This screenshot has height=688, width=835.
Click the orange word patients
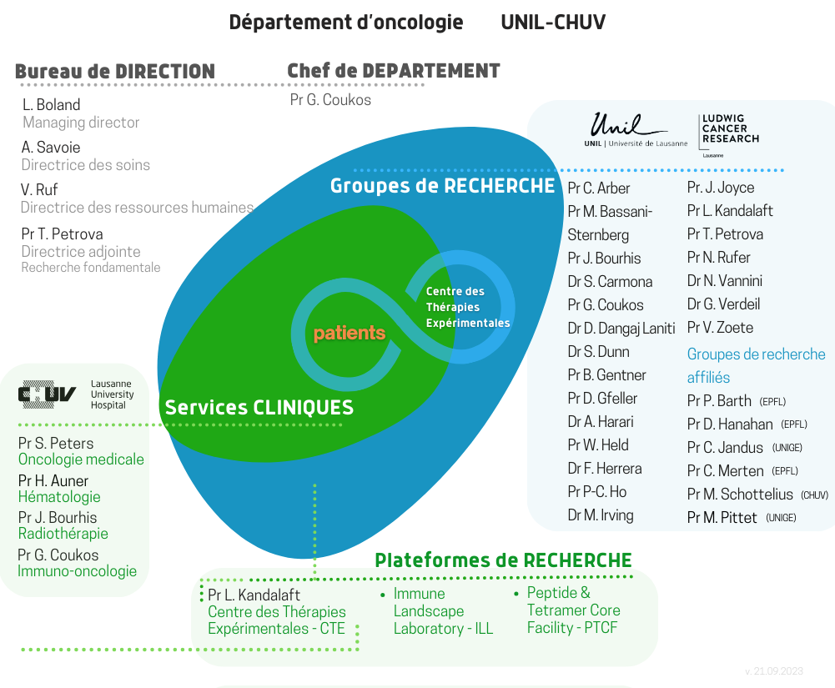(x=350, y=334)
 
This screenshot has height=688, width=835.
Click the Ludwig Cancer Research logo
(x=729, y=135)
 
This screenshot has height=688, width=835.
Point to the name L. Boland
(x=51, y=104)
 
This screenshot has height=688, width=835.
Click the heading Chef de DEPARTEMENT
(x=394, y=71)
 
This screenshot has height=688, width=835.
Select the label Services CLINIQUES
(x=259, y=407)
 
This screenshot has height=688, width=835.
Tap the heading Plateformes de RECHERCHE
(x=503, y=560)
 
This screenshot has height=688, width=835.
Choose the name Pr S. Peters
(x=56, y=443)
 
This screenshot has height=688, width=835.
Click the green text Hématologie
(x=59, y=497)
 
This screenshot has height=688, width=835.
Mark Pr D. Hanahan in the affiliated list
(x=730, y=424)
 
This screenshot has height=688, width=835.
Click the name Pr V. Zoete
(x=720, y=328)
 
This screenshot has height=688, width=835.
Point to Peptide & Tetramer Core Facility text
(x=574, y=610)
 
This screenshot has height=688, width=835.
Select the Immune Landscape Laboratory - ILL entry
(x=443, y=610)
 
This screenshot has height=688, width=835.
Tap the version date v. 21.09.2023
(x=774, y=671)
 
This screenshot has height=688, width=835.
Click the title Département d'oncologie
(x=346, y=23)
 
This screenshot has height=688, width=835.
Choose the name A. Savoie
(x=51, y=147)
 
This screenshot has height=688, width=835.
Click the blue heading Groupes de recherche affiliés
(x=757, y=365)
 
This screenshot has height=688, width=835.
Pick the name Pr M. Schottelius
(x=740, y=495)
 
